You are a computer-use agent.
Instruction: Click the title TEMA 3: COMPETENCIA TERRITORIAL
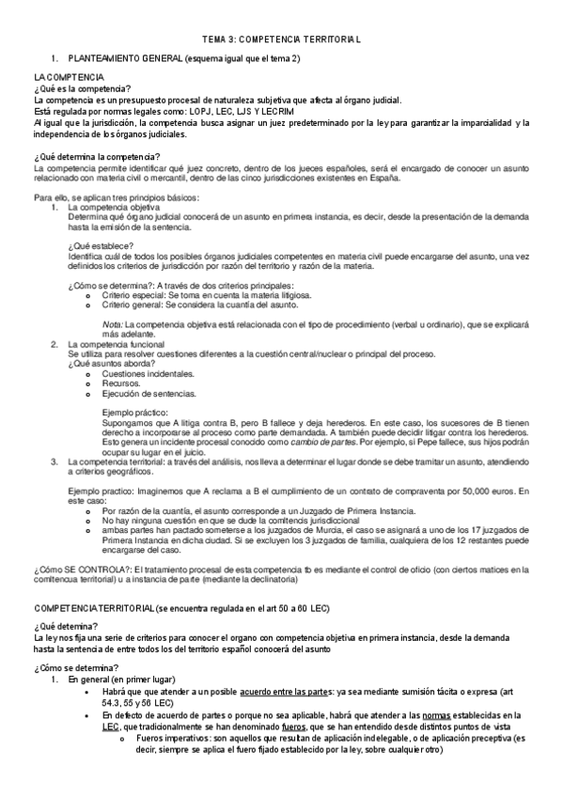281,40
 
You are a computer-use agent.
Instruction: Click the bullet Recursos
123,383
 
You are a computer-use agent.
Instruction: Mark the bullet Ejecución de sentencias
149,394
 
